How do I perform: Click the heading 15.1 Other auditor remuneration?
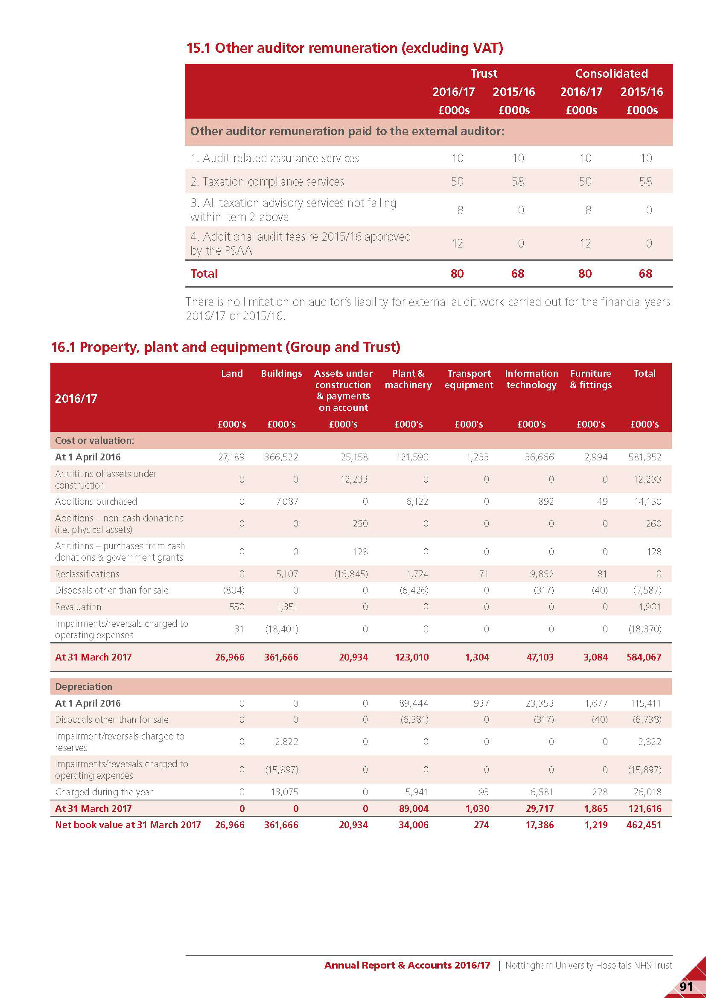[344, 48]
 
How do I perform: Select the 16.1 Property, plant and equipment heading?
[225, 347]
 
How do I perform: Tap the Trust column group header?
[484, 73]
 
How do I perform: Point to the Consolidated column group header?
[611, 73]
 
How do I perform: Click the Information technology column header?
[531, 379]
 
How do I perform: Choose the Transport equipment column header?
[469, 379]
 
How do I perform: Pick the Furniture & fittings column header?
[590, 379]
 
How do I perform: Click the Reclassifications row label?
[87, 574]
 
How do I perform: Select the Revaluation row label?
[78, 607]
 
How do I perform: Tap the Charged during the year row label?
[104, 792]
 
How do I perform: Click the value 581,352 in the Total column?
[644, 457]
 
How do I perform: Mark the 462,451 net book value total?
[643, 825]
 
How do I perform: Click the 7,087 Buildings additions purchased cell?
[286, 501]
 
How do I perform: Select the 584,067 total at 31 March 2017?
[643, 657]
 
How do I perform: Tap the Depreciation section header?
[84, 687]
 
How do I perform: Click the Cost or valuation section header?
[94, 440]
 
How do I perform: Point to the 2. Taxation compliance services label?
[267, 181]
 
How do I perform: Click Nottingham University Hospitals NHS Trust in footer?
[588, 965]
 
